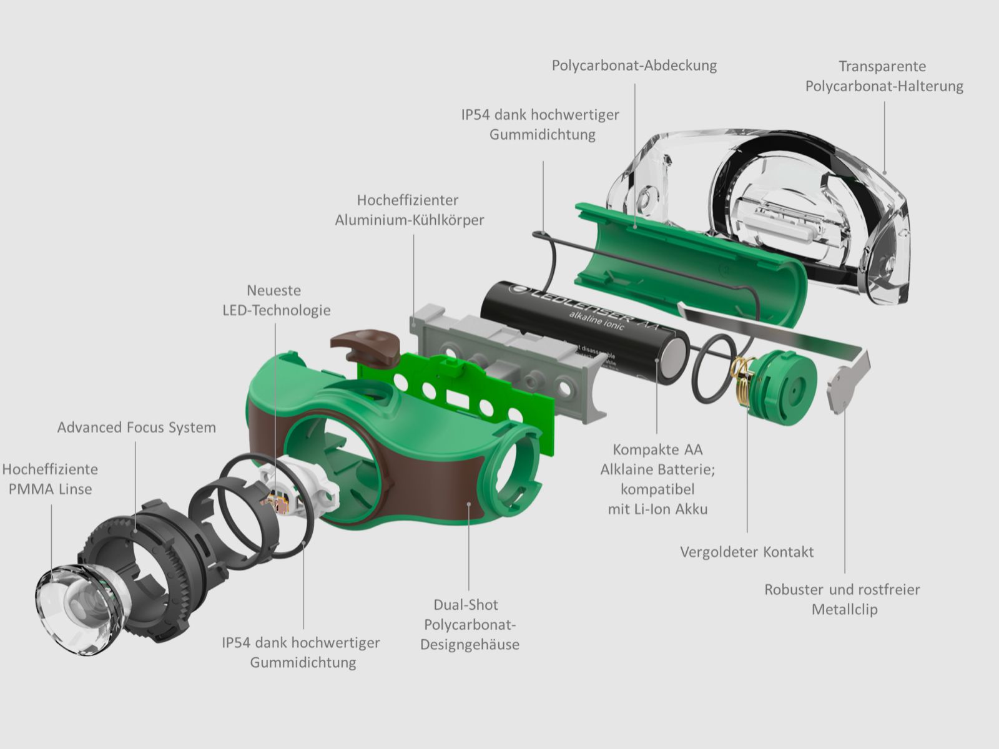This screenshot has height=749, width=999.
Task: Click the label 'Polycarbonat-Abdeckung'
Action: click(634, 66)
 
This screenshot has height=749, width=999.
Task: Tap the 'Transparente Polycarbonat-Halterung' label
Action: click(883, 76)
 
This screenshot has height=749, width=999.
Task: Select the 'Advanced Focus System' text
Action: click(137, 428)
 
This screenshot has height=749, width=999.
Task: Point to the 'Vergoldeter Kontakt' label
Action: click(747, 552)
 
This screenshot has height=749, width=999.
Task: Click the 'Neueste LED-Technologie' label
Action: click(277, 300)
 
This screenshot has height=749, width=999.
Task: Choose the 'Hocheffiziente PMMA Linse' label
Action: click(50, 479)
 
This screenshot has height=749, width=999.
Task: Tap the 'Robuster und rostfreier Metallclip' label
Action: click(842, 599)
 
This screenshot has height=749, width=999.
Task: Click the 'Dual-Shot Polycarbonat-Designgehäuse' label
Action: click(469, 624)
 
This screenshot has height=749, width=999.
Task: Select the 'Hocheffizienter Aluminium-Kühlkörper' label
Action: click(409, 210)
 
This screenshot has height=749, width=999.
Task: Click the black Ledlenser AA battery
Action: click(581, 331)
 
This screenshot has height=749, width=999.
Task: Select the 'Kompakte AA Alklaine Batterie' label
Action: click(657, 479)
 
